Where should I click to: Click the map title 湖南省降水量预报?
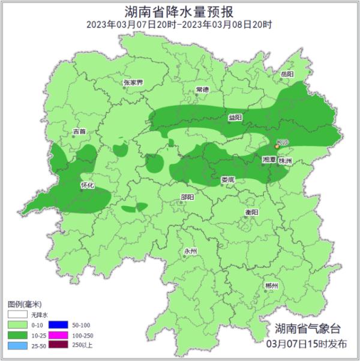179,11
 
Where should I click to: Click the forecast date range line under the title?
179,25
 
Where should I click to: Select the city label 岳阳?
287,74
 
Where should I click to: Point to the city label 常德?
202,90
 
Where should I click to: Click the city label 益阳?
235,118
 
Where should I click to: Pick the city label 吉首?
79,131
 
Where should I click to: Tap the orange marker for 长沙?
277,146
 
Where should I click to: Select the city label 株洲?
285,161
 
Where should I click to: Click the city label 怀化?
88,185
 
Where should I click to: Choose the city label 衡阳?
251,212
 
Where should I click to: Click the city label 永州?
190,251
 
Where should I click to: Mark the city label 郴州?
271,286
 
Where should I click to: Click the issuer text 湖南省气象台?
307,329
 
